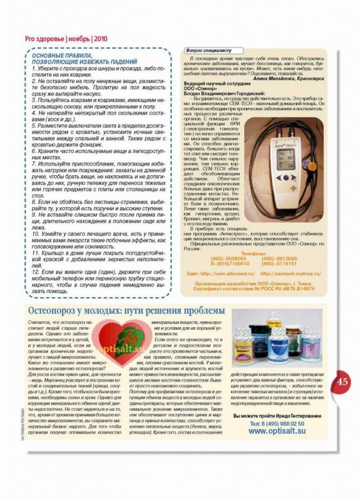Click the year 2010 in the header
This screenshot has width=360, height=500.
[100, 39]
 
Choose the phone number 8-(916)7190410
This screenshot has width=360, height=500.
[229, 264]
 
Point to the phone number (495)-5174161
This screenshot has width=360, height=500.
[279, 264]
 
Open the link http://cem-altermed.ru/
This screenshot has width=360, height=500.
[221, 274]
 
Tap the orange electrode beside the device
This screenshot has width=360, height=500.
[311, 166]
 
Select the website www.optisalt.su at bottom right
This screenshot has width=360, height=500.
[277, 431]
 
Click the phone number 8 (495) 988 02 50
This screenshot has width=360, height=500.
[277, 423]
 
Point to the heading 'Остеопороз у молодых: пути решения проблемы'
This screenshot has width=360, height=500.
[126, 311]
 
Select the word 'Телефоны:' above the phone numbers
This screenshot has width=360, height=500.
[253, 253]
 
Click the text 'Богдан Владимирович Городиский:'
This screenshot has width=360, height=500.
[224, 93]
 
